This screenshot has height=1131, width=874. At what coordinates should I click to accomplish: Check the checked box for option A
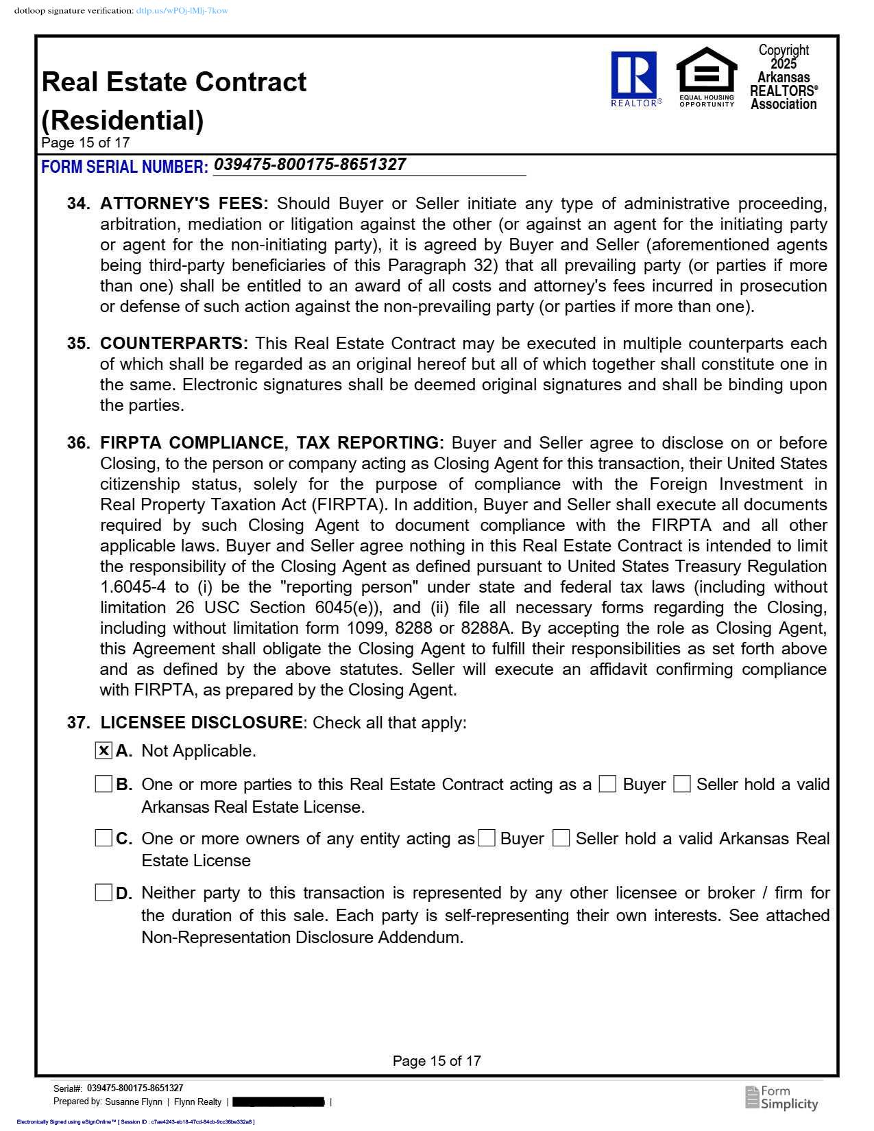pos(104,750)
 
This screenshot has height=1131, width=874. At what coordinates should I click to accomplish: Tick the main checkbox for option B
pos(104,784)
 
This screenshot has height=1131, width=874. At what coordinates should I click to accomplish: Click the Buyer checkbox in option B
pos(607,784)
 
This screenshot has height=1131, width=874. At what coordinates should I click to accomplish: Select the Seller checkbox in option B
pos(681,784)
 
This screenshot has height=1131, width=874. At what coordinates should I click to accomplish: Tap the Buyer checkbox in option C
pos(487,838)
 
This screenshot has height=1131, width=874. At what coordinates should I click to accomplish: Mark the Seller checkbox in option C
pos(561,838)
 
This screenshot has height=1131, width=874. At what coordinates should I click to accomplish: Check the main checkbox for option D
pos(104,892)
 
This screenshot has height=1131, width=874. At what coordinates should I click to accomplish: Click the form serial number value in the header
pos(310,165)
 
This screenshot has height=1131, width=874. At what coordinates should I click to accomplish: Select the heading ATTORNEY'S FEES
pos(184,204)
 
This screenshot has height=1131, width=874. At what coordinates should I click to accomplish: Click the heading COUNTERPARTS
pos(174,344)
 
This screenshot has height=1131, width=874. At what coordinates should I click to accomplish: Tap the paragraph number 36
pos(78,443)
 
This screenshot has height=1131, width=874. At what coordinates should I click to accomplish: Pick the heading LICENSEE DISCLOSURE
pos(202,723)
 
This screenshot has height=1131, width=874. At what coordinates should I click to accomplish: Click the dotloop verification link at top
pos(182,11)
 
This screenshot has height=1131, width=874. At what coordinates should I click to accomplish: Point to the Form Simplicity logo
pos(781,1097)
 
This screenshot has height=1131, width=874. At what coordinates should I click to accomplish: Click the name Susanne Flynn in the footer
pos(134,1102)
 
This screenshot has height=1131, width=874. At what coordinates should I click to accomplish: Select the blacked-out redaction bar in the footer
pos(278,1102)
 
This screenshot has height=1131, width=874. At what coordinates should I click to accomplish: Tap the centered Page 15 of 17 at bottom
pos(437,1061)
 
